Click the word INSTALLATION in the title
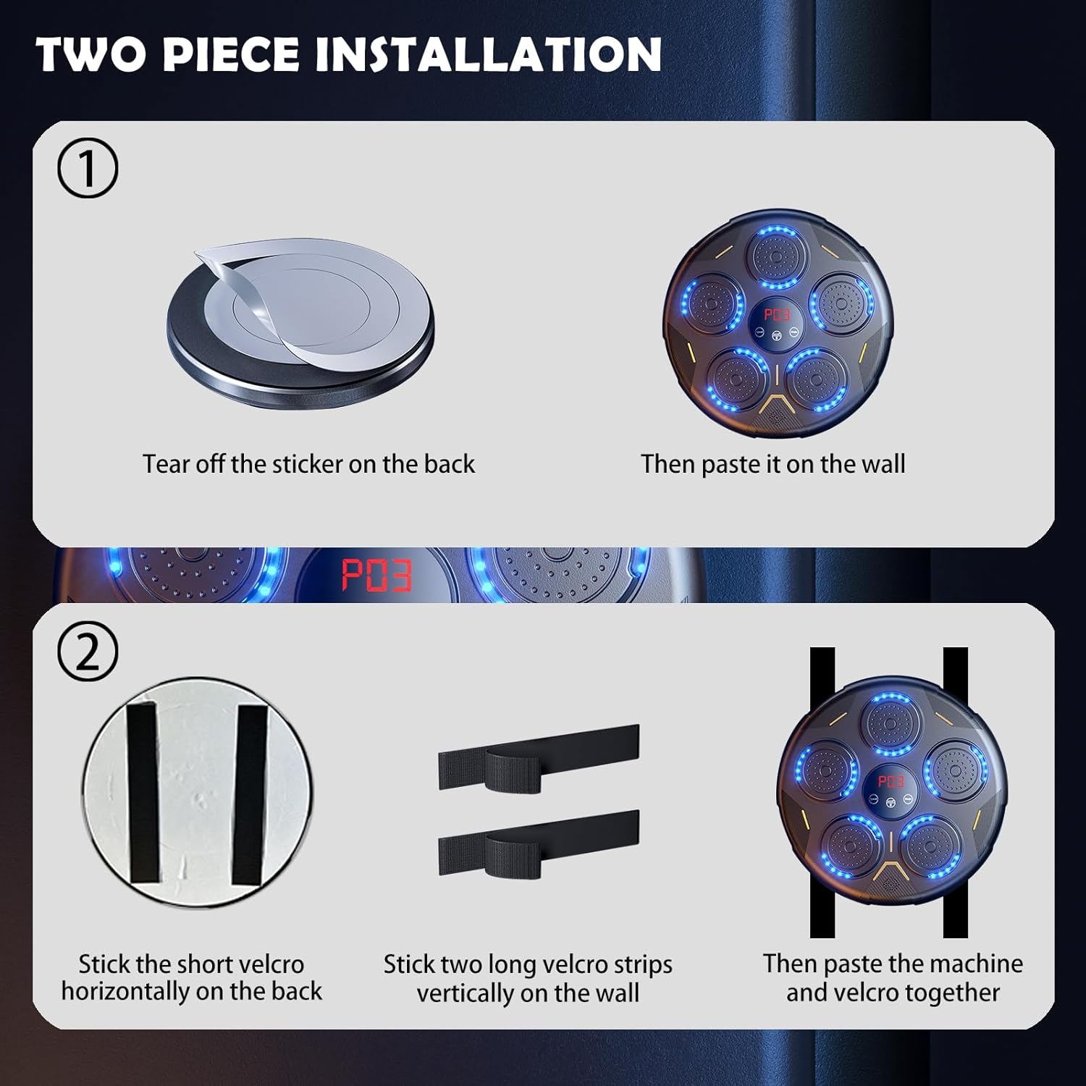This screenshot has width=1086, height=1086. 489,54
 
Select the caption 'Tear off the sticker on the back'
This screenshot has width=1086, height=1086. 308,463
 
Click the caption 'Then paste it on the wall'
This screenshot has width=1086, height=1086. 773,464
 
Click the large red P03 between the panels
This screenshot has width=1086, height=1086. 376,576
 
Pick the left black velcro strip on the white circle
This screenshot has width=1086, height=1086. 143,792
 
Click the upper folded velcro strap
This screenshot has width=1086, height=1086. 539,757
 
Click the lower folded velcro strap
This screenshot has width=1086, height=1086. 539,843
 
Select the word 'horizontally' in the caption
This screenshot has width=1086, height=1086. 126,991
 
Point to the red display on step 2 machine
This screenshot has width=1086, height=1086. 891,781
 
